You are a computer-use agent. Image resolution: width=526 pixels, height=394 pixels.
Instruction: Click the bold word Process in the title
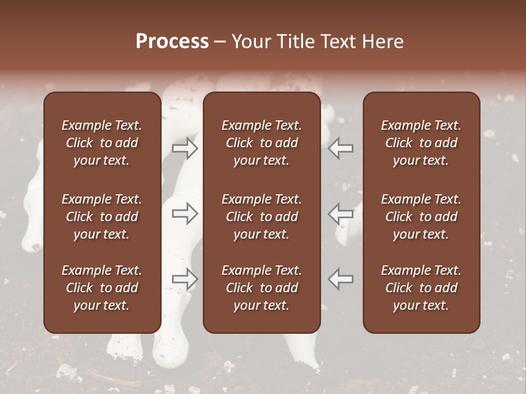172,42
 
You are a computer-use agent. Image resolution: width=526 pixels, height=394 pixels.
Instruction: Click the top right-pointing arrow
185,148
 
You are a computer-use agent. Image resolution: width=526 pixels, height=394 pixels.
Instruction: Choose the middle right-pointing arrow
185,213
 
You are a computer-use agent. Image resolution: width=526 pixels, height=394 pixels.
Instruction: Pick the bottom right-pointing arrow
185,279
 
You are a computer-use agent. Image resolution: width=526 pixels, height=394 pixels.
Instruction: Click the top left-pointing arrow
341,148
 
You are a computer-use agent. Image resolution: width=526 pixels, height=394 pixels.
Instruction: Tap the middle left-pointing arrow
341,213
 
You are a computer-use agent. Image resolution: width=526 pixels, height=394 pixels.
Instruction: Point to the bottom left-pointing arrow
341,279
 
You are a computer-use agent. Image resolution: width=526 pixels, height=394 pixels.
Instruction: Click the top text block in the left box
102,143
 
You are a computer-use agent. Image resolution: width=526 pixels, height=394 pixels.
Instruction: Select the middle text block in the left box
102,217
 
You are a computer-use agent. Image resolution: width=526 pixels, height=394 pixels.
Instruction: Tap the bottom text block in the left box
102,288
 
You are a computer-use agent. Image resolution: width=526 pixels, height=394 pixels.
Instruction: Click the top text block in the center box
262,143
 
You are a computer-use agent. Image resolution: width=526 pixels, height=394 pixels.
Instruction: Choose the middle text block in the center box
262,217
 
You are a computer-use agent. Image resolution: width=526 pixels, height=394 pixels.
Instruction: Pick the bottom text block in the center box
262,288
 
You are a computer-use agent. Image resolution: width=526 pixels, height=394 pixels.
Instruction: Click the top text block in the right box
421,143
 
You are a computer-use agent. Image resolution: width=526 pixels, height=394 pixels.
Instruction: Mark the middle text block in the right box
421,217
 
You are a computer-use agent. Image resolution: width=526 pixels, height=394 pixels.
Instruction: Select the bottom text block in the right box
421,288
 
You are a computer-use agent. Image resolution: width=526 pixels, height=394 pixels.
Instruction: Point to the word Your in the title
250,42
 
